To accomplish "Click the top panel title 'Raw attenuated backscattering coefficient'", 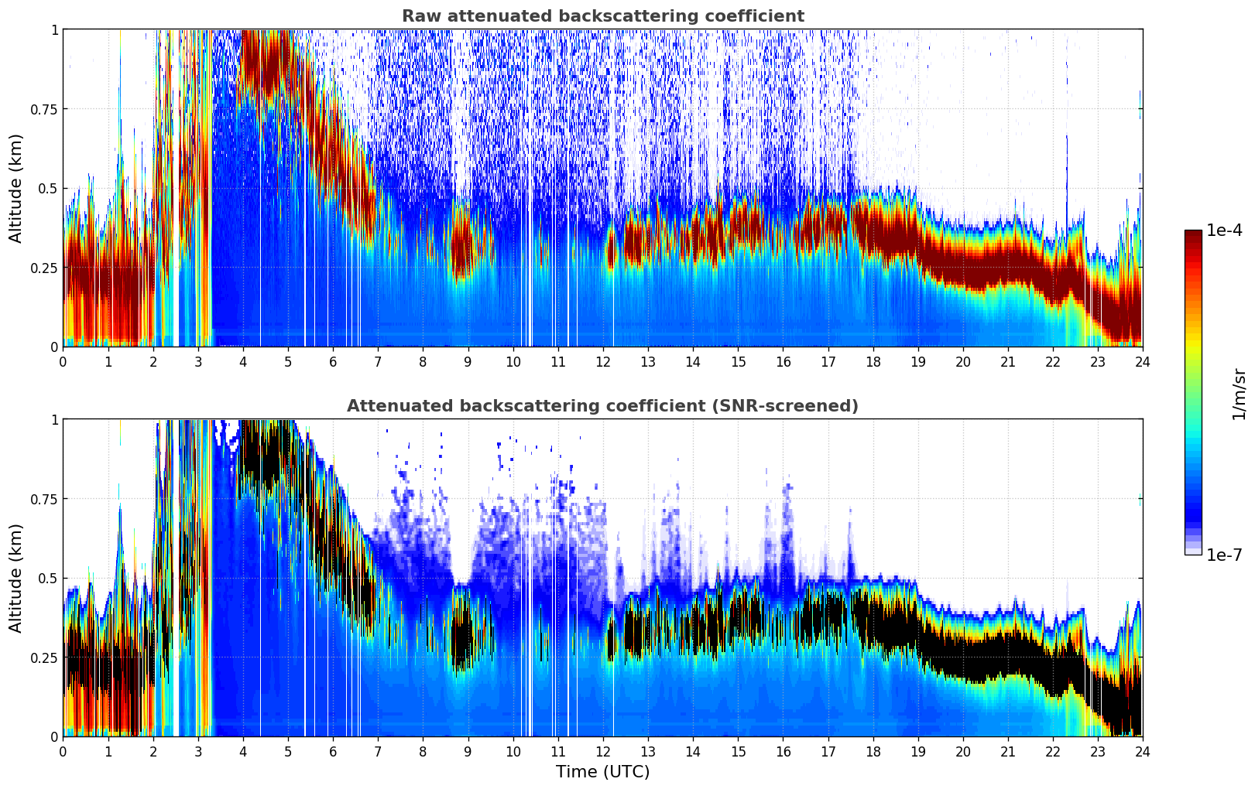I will [x=602, y=16].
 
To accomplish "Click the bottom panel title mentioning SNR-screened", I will [x=602, y=406].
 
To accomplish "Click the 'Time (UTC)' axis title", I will [x=602, y=772].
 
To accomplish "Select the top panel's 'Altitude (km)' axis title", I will [x=16, y=188].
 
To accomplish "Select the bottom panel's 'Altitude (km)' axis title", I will [x=16, y=578].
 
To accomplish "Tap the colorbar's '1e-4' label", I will [x=1224, y=231].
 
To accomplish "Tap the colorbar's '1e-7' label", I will [x=1224, y=555].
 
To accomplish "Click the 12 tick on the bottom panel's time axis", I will [x=603, y=751].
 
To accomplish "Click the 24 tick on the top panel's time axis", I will [x=1142, y=361].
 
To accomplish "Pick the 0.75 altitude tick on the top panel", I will [x=44, y=109].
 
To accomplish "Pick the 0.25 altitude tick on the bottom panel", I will [x=44, y=657].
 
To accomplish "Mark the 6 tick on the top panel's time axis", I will [x=333, y=361].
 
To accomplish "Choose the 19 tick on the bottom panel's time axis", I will [x=918, y=751].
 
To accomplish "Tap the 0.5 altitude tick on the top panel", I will [x=49, y=188].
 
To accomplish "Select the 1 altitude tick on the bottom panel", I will [x=54, y=420].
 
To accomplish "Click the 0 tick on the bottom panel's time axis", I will [x=63, y=751].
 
